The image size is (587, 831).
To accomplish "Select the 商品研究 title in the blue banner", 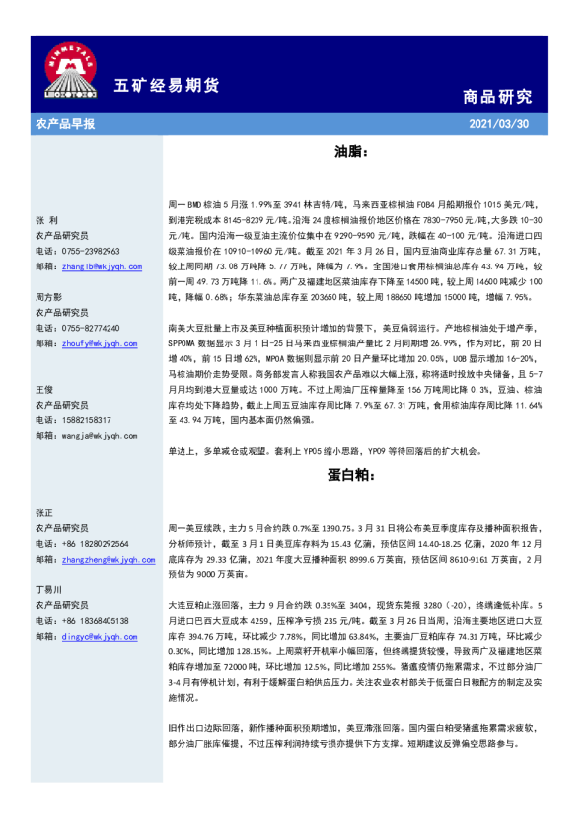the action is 497,96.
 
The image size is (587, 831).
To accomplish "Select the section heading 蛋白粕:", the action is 350,474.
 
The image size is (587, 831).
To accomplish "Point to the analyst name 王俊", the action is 43,390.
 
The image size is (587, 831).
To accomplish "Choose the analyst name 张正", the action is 43,513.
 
